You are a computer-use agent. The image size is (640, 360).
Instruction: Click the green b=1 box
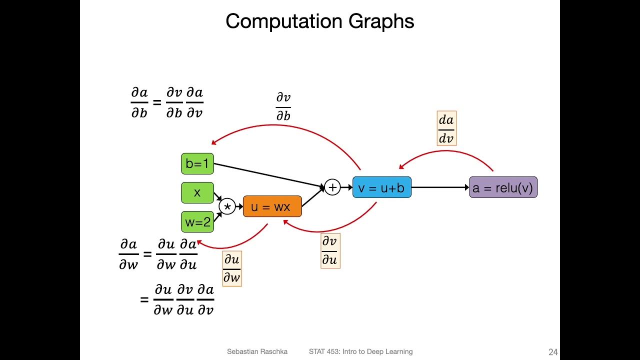(197, 163)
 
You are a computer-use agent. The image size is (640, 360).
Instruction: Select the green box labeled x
(197, 192)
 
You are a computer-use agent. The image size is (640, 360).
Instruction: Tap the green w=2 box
(197, 222)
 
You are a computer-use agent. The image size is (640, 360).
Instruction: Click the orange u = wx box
(272, 206)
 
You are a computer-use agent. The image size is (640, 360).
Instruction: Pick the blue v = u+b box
(381, 187)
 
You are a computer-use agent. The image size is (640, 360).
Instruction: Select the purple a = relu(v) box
(503, 187)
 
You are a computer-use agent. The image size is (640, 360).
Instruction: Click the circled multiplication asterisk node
(227, 206)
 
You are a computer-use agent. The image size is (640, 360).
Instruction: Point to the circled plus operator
(332, 187)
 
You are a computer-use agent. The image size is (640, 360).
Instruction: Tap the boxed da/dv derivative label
(446, 128)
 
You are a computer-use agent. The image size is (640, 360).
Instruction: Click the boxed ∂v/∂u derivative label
(330, 250)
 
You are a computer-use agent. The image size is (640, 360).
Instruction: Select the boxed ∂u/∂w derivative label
(231, 268)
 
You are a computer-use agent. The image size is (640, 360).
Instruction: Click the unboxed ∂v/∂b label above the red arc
(283, 106)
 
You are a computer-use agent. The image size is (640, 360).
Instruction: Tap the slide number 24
(552, 352)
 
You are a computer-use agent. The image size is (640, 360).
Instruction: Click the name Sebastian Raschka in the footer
(257, 352)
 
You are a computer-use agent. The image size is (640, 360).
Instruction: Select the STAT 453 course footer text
(360, 352)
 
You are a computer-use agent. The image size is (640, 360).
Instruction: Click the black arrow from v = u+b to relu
(440, 187)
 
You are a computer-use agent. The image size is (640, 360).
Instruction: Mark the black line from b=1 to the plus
(268, 175)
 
